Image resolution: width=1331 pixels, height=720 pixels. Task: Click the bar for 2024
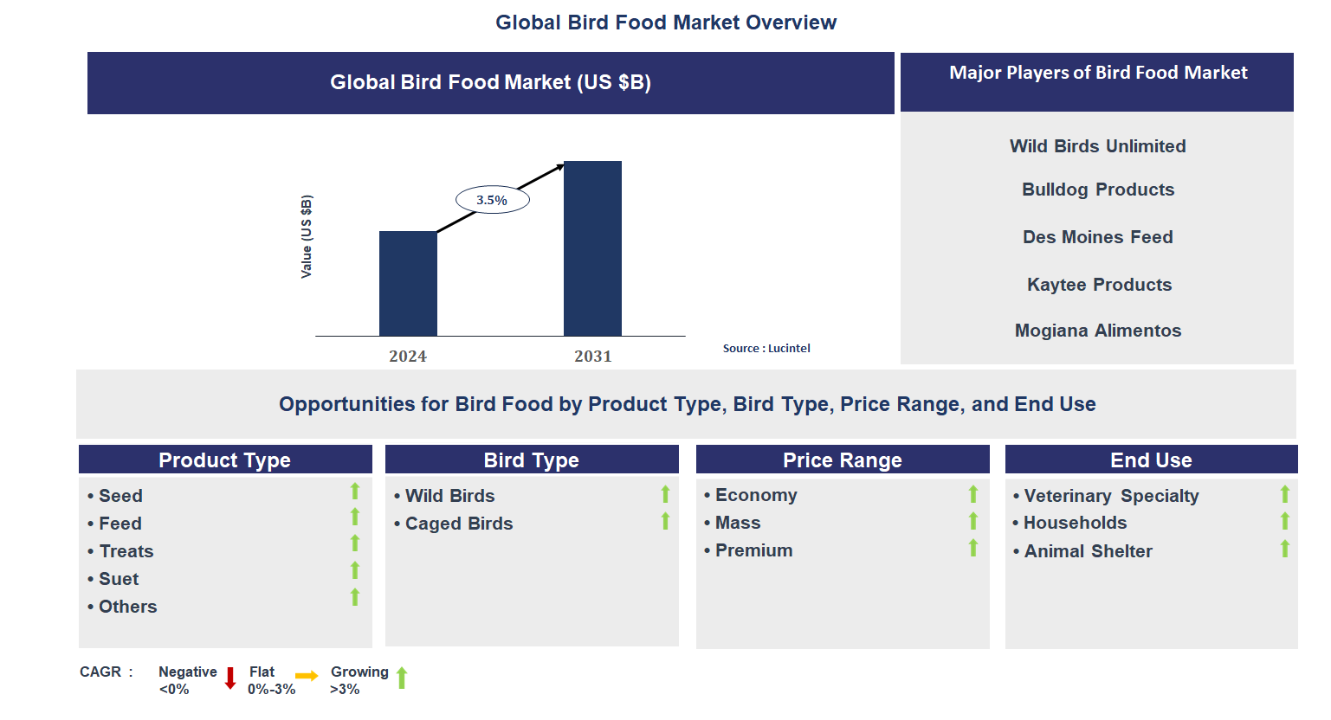[x=408, y=283]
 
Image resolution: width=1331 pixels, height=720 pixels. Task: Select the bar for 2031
[x=592, y=248]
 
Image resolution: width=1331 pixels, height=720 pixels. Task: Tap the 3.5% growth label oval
[x=492, y=200]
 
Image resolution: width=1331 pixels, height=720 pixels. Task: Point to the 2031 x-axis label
[x=592, y=357]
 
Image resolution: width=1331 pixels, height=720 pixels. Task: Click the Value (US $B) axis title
[x=307, y=236]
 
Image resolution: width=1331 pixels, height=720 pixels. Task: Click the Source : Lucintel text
[x=766, y=349]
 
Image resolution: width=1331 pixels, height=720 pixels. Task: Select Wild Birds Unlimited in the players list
[x=1097, y=146]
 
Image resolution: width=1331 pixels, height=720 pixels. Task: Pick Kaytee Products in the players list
[x=1099, y=285]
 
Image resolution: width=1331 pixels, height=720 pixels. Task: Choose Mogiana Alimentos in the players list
[x=1097, y=331]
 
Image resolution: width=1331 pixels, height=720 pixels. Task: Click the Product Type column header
[x=225, y=460]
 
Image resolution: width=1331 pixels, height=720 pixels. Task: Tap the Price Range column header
[x=842, y=460]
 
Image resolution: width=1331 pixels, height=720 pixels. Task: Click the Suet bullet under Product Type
[x=119, y=579]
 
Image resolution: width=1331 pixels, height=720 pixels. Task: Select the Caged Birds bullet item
[x=458, y=524]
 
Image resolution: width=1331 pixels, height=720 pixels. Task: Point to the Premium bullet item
[x=753, y=550]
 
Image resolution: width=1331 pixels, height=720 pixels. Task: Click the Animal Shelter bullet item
[x=1088, y=551]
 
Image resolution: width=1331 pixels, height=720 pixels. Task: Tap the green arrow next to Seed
[x=355, y=492]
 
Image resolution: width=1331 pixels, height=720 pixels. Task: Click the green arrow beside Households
[x=1285, y=521]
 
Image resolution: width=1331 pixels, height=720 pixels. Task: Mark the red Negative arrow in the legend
[x=230, y=678]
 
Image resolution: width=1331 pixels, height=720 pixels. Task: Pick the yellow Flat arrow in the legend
[x=307, y=676]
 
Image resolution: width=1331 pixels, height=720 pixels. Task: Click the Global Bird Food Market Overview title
[x=665, y=22]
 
